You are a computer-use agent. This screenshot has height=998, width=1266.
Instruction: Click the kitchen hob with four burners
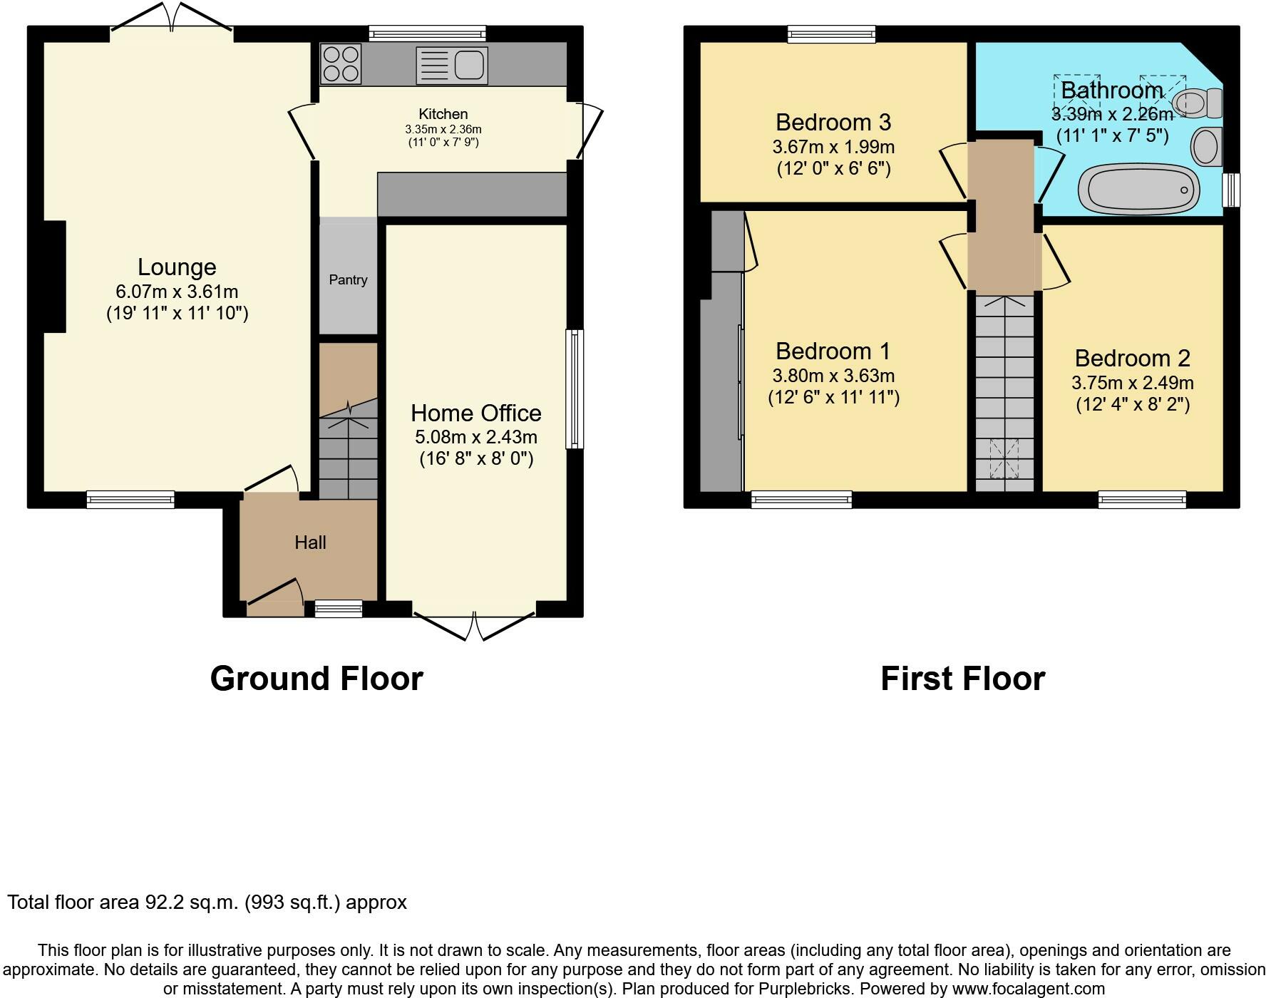341,64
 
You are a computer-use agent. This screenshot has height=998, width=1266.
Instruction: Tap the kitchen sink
452,66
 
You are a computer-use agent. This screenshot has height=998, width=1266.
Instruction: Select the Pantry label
348,279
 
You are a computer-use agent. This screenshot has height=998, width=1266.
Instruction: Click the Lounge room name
177,267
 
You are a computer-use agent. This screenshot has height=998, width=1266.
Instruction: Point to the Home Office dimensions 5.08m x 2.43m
476,436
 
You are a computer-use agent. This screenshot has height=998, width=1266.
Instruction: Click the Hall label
310,542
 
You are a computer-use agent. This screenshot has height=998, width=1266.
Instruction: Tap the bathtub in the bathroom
1138,189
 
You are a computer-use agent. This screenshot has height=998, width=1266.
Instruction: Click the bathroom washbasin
1207,146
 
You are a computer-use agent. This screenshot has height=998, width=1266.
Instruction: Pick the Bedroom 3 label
833,123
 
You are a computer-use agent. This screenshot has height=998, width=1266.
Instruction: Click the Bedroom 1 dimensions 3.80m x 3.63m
833,376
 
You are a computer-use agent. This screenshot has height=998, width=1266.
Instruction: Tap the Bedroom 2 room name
1133,358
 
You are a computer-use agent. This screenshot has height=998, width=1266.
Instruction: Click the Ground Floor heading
316,679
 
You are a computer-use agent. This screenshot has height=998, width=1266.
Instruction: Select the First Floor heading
962,679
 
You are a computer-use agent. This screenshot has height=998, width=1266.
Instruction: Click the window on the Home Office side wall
575,389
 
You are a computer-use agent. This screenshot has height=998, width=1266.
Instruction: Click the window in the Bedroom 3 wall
831,34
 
